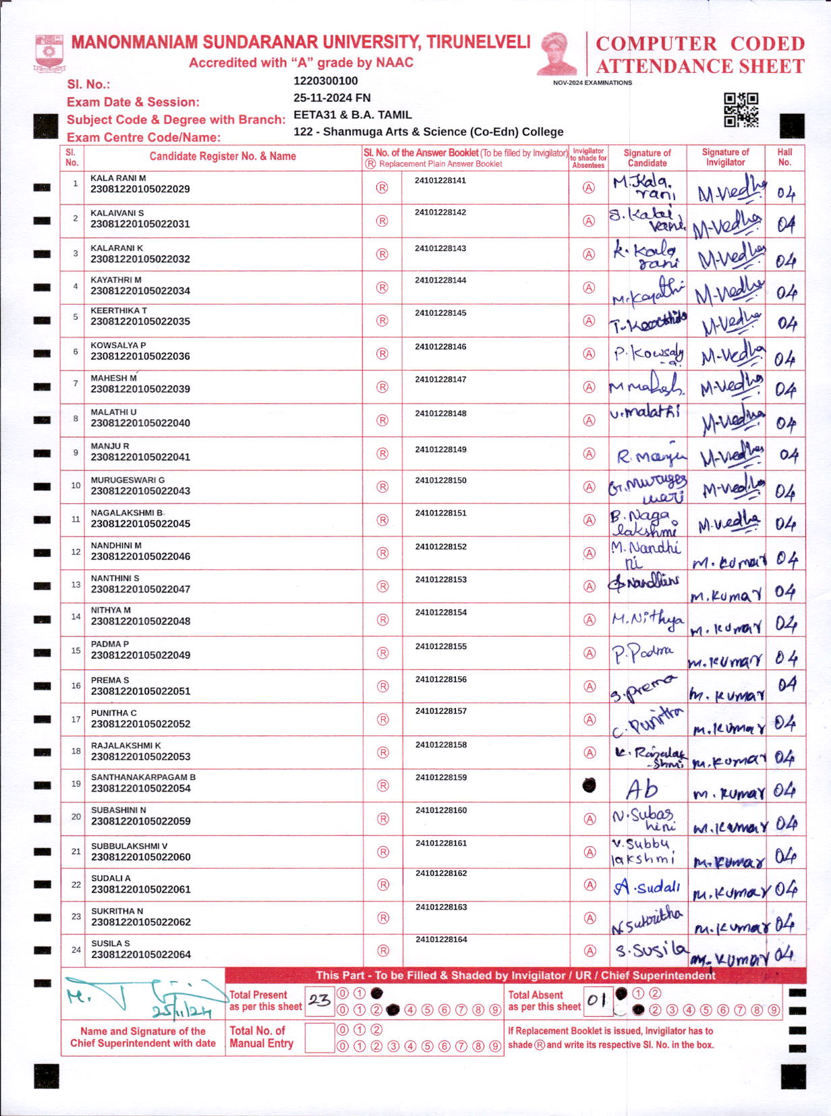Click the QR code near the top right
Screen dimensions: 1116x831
(x=741, y=110)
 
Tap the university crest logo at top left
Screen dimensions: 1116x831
(x=49, y=53)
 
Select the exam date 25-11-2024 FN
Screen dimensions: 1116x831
(x=332, y=98)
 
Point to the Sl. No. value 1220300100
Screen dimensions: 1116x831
(x=326, y=81)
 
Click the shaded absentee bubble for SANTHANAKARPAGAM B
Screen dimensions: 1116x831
(x=589, y=785)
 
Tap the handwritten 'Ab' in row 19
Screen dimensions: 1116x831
(x=641, y=789)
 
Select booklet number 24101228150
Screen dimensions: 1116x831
(x=440, y=480)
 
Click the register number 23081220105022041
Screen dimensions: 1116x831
(x=140, y=457)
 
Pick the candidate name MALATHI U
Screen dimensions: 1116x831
(x=113, y=412)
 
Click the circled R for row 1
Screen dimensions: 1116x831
(x=382, y=188)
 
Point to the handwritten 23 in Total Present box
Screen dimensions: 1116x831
(x=319, y=1000)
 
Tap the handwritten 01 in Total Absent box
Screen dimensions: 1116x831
(x=597, y=999)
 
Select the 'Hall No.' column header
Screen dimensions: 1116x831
(x=784, y=157)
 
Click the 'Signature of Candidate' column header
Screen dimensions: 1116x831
(x=647, y=157)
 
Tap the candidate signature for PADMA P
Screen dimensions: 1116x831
(x=642, y=653)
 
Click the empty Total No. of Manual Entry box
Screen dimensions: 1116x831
(x=319, y=1038)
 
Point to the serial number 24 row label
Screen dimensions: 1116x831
(x=76, y=950)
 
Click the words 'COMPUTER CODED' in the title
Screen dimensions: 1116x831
(x=700, y=44)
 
